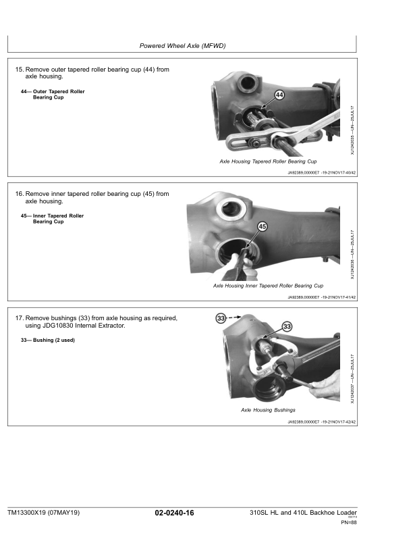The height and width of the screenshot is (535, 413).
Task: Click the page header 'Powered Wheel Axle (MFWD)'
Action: coord(182,46)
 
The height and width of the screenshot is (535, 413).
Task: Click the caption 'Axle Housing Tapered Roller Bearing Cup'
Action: coord(268,162)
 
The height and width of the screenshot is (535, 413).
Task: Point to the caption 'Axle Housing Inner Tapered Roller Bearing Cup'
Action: coord(268,286)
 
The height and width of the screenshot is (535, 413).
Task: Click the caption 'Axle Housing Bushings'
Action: coord(268,410)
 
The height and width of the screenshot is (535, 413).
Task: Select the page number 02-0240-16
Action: coord(174,513)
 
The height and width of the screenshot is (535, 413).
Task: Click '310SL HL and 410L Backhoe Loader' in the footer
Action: coord(303,513)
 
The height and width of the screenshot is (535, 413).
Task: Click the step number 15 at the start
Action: coord(19,70)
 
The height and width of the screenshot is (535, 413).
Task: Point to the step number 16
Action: coord(19,193)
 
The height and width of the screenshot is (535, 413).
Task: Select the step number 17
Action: coord(19,317)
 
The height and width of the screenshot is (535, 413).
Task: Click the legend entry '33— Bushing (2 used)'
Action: coord(48,340)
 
